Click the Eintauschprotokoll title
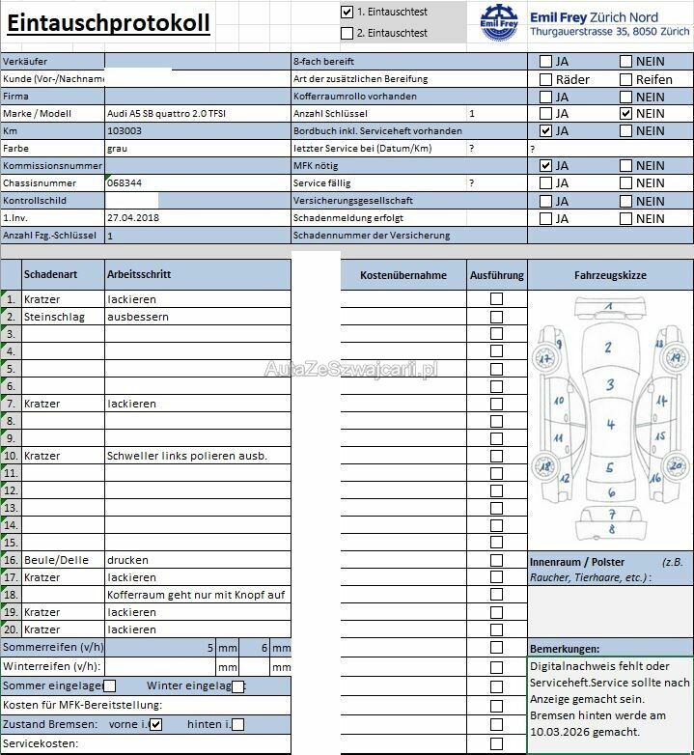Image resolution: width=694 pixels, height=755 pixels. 109,23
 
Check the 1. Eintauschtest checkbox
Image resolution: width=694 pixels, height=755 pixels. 347,13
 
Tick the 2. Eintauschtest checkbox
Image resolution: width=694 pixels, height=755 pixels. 347,33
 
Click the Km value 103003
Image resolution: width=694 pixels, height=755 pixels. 125,131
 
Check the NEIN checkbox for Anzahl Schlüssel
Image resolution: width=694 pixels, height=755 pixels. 626,114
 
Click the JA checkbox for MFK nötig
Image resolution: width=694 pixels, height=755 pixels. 546,166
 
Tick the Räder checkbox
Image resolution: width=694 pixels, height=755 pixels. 546,79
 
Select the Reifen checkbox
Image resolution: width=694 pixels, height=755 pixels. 626,79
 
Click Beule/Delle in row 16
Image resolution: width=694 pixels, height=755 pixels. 56,560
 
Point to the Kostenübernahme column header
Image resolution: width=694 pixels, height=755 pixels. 403,276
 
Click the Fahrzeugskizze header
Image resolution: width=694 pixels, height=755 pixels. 610,276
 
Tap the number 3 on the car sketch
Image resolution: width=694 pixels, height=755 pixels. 609,385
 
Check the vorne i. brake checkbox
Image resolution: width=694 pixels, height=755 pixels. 156,724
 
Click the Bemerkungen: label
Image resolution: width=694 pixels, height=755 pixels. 565,649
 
